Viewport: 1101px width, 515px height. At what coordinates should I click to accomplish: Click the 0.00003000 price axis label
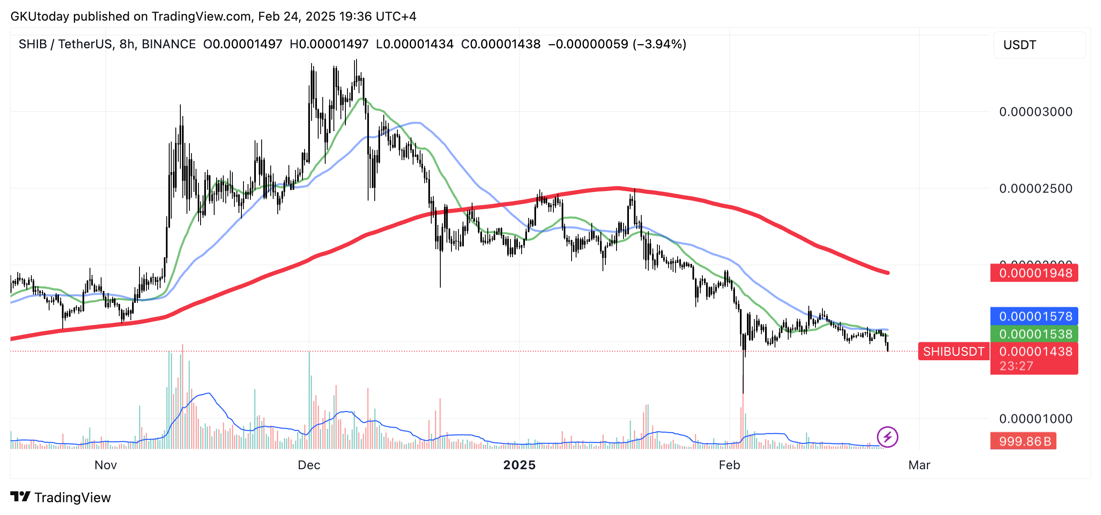(1035, 112)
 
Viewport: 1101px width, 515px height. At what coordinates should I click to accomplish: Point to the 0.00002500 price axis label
(1035, 189)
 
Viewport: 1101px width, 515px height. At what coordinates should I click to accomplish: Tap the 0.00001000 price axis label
(1035, 418)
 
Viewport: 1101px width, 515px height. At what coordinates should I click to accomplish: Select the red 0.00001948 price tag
(1034, 273)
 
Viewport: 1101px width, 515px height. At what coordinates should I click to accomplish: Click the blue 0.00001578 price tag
(1034, 316)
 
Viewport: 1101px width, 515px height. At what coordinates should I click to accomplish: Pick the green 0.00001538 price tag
(1034, 334)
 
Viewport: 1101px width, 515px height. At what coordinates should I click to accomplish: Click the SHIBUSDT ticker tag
(953, 351)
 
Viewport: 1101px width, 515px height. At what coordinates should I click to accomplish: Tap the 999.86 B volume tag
(1024, 441)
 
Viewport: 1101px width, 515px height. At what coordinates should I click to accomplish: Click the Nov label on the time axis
(106, 465)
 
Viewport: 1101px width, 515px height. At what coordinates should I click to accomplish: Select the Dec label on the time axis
(309, 465)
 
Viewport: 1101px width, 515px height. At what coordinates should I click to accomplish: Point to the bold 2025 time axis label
(519, 465)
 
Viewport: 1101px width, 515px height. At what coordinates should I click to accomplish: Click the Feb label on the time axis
(729, 465)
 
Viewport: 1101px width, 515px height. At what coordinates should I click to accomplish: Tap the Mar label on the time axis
(919, 465)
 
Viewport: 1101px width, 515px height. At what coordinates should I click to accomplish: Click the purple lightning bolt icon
(887, 437)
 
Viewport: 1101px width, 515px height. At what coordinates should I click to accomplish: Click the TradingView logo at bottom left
(60, 497)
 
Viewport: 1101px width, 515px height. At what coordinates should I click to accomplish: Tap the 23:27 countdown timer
(1016, 366)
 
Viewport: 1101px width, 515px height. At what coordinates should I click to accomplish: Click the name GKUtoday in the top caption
(39, 16)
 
